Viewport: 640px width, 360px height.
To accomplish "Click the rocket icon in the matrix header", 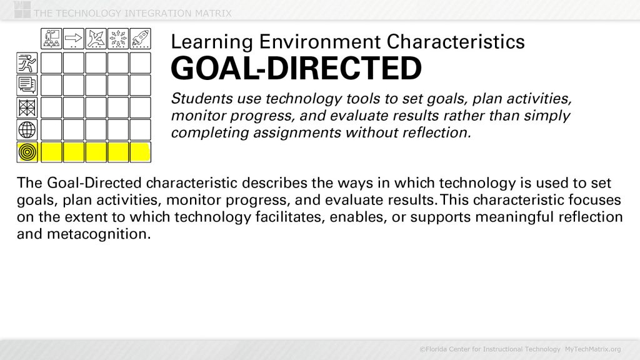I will pyautogui.click(x=140, y=39).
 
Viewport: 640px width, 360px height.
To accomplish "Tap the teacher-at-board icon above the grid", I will pyautogui.click(x=51, y=39).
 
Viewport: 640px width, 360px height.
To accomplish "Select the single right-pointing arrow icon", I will pyautogui.click(x=74, y=39).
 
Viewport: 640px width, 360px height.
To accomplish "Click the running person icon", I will pyautogui.click(x=27, y=62).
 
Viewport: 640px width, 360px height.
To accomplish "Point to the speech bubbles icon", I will pyautogui.click(x=27, y=84).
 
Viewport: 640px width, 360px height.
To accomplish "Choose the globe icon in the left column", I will pyautogui.click(x=27, y=129).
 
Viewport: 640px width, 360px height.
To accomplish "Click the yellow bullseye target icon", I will pyautogui.click(x=27, y=152).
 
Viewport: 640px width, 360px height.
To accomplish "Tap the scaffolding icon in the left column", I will pyautogui.click(x=27, y=107).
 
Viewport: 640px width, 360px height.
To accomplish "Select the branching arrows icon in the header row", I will pyautogui.click(x=96, y=39).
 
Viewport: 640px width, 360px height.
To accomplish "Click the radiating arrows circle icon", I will pyautogui.click(x=118, y=39).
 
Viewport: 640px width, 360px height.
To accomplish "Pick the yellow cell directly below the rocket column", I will pyautogui.click(x=140, y=152).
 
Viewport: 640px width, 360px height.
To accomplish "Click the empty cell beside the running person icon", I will pyautogui.click(x=51, y=62).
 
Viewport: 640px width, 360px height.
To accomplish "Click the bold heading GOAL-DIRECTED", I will pyautogui.click(x=296, y=69).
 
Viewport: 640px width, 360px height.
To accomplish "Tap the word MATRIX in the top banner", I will pyautogui.click(x=209, y=13).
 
